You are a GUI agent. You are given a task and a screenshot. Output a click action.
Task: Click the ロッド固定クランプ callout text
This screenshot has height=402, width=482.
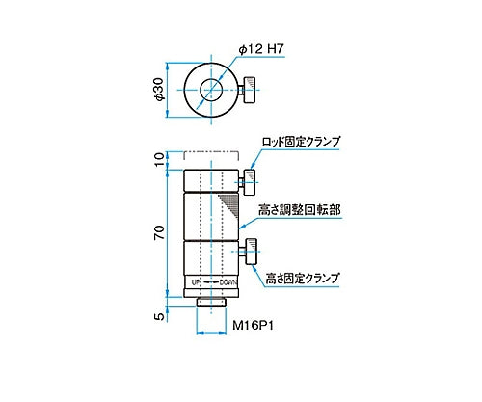(x=301, y=141)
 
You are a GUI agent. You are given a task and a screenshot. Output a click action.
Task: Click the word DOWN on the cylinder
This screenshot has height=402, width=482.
(x=228, y=282)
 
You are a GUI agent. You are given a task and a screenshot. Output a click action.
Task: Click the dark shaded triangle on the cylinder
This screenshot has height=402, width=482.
(x=229, y=205)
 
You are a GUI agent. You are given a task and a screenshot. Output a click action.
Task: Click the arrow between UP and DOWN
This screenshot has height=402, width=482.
(x=211, y=282)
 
